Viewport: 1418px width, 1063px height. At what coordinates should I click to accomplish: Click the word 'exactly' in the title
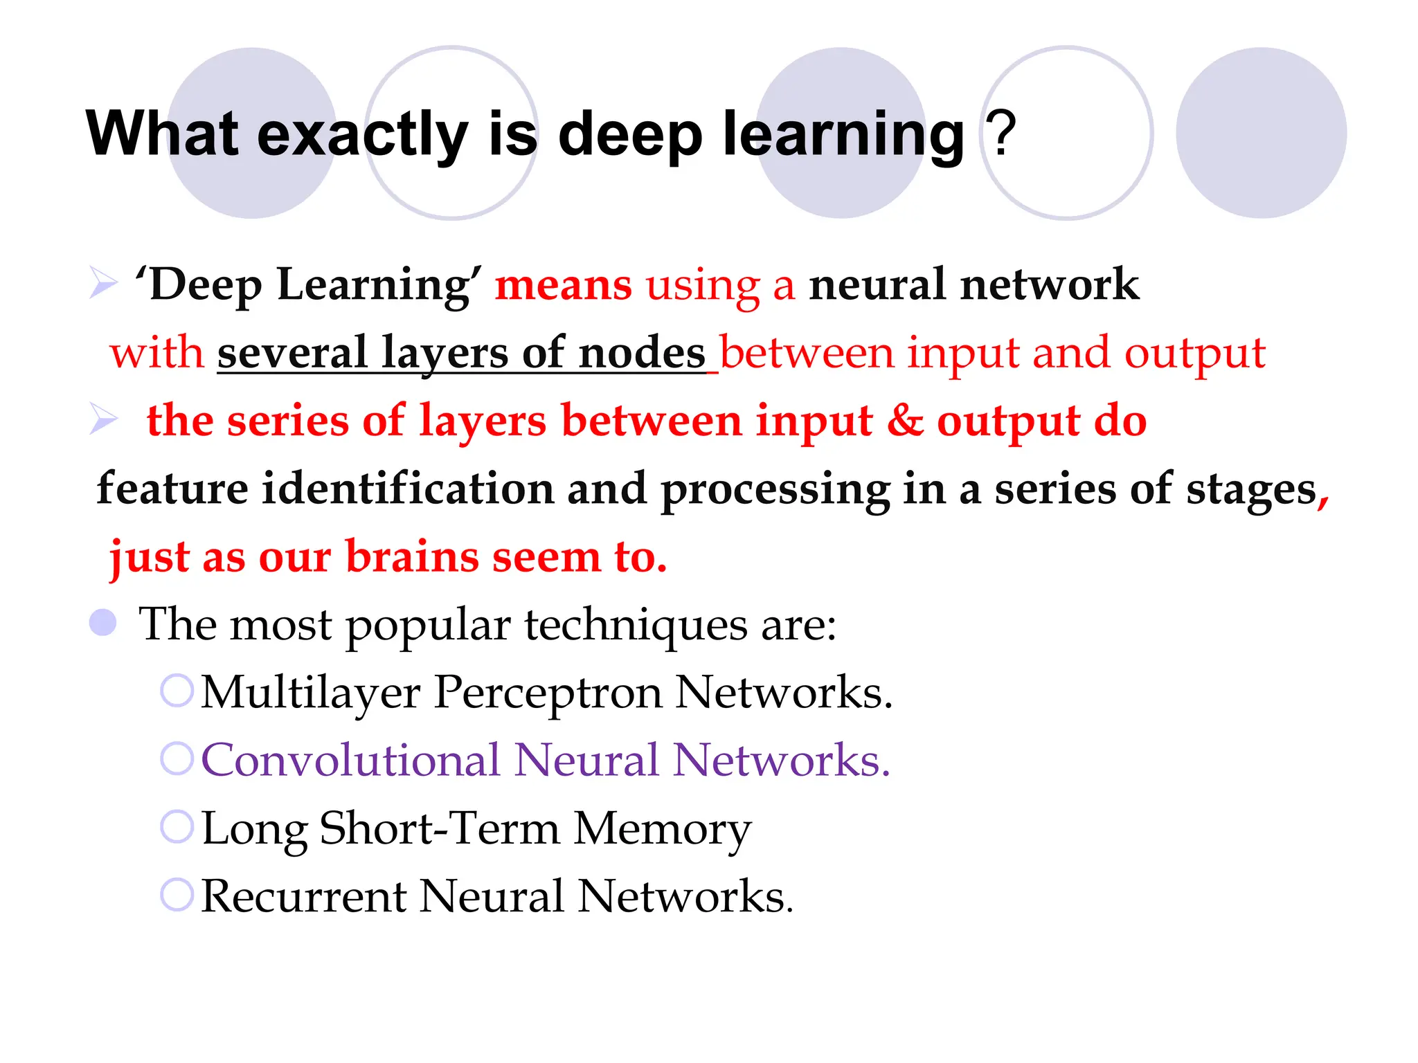point(362,134)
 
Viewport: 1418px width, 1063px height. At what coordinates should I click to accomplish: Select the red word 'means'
point(563,284)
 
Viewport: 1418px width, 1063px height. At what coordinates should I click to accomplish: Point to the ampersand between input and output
point(905,421)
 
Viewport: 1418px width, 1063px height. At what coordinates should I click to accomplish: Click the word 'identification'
point(408,489)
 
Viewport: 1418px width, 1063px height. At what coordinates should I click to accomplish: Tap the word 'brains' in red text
point(411,556)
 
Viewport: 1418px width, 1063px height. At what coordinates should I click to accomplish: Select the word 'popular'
point(427,625)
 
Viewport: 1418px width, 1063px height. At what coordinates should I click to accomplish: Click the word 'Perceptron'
point(548,692)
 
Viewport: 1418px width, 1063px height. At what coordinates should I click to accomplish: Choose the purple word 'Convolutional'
point(350,760)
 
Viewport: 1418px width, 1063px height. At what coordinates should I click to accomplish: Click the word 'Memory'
point(662,828)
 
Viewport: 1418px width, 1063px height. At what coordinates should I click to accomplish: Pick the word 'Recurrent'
point(303,896)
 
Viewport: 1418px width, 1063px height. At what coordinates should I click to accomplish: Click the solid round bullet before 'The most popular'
point(103,622)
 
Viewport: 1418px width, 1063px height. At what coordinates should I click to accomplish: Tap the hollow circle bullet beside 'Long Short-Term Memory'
point(177,826)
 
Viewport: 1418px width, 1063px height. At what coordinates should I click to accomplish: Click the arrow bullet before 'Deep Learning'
point(103,283)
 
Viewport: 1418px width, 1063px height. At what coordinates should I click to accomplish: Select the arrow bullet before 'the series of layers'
point(103,419)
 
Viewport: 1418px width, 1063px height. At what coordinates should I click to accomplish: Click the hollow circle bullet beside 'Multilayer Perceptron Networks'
point(177,691)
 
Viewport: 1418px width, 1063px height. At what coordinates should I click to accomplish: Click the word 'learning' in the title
point(843,134)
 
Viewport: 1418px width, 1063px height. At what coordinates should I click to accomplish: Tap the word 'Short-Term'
point(439,828)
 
